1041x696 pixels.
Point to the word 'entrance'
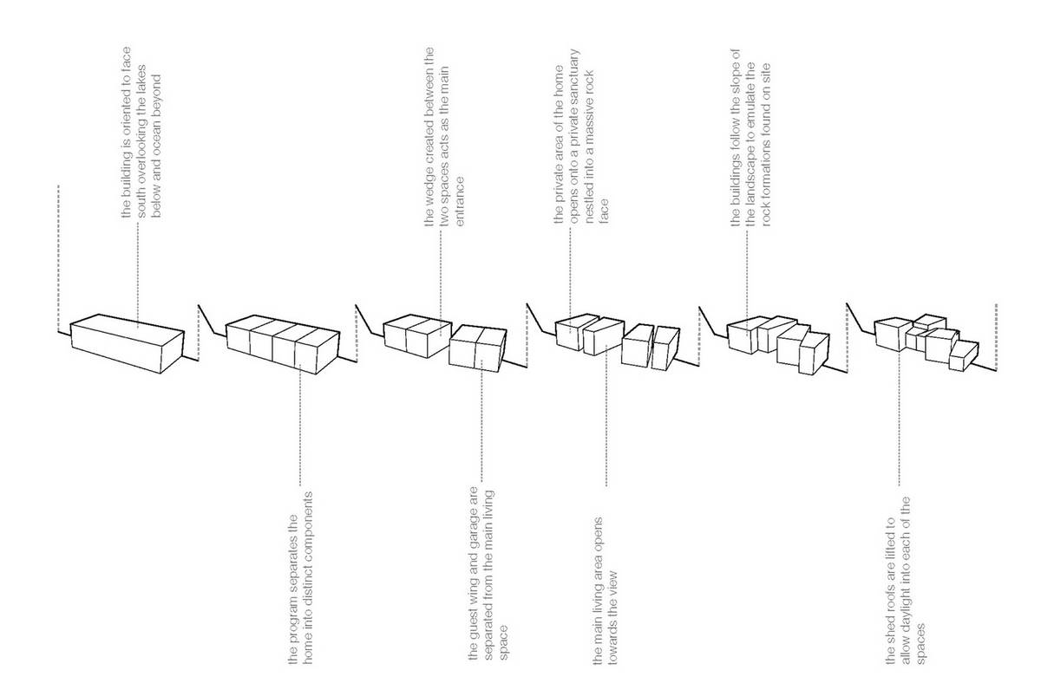click(459, 201)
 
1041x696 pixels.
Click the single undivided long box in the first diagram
click(127, 343)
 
